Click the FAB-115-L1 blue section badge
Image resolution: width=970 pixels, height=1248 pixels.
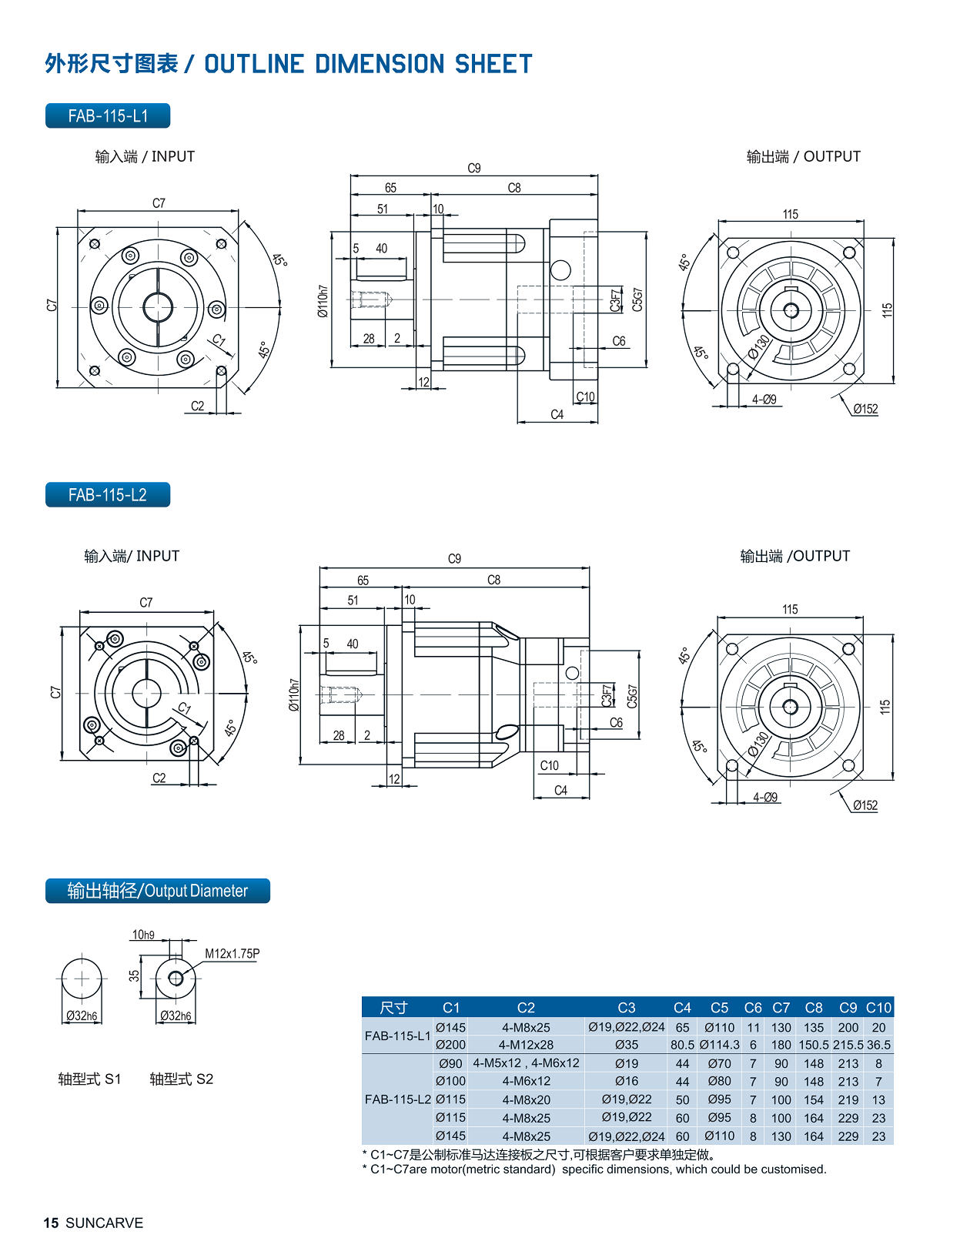click(x=108, y=116)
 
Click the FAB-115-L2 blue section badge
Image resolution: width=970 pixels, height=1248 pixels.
click(x=108, y=495)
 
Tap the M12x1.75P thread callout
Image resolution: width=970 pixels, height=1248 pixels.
click(x=232, y=953)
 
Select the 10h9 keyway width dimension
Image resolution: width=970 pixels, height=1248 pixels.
click(x=143, y=935)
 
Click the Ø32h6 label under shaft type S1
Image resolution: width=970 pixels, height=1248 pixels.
click(x=82, y=1015)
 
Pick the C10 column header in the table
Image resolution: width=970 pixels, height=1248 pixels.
click(x=878, y=1007)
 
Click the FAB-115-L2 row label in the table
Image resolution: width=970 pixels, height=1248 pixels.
click(x=397, y=1099)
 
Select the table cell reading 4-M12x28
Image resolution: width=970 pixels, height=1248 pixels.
click(x=526, y=1045)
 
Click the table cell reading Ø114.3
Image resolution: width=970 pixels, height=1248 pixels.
click(x=719, y=1045)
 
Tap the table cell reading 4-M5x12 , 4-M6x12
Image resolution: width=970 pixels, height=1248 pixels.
click(x=526, y=1063)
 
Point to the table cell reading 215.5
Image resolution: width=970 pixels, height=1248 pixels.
click(x=848, y=1045)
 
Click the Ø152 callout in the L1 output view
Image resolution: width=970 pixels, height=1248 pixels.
click(x=865, y=409)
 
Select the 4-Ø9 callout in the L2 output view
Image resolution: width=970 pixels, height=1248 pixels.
click(x=765, y=797)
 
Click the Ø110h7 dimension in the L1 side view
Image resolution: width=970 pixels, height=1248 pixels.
click(x=323, y=301)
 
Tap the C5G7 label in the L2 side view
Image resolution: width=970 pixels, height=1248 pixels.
click(x=632, y=696)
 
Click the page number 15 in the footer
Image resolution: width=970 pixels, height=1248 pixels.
click(x=51, y=1223)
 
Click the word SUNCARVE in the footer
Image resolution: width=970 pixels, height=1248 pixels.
click(x=105, y=1223)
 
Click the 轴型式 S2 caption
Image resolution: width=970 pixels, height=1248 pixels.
click(x=181, y=1079)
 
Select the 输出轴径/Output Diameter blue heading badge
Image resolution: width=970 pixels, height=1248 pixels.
click(x=158, y=891)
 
